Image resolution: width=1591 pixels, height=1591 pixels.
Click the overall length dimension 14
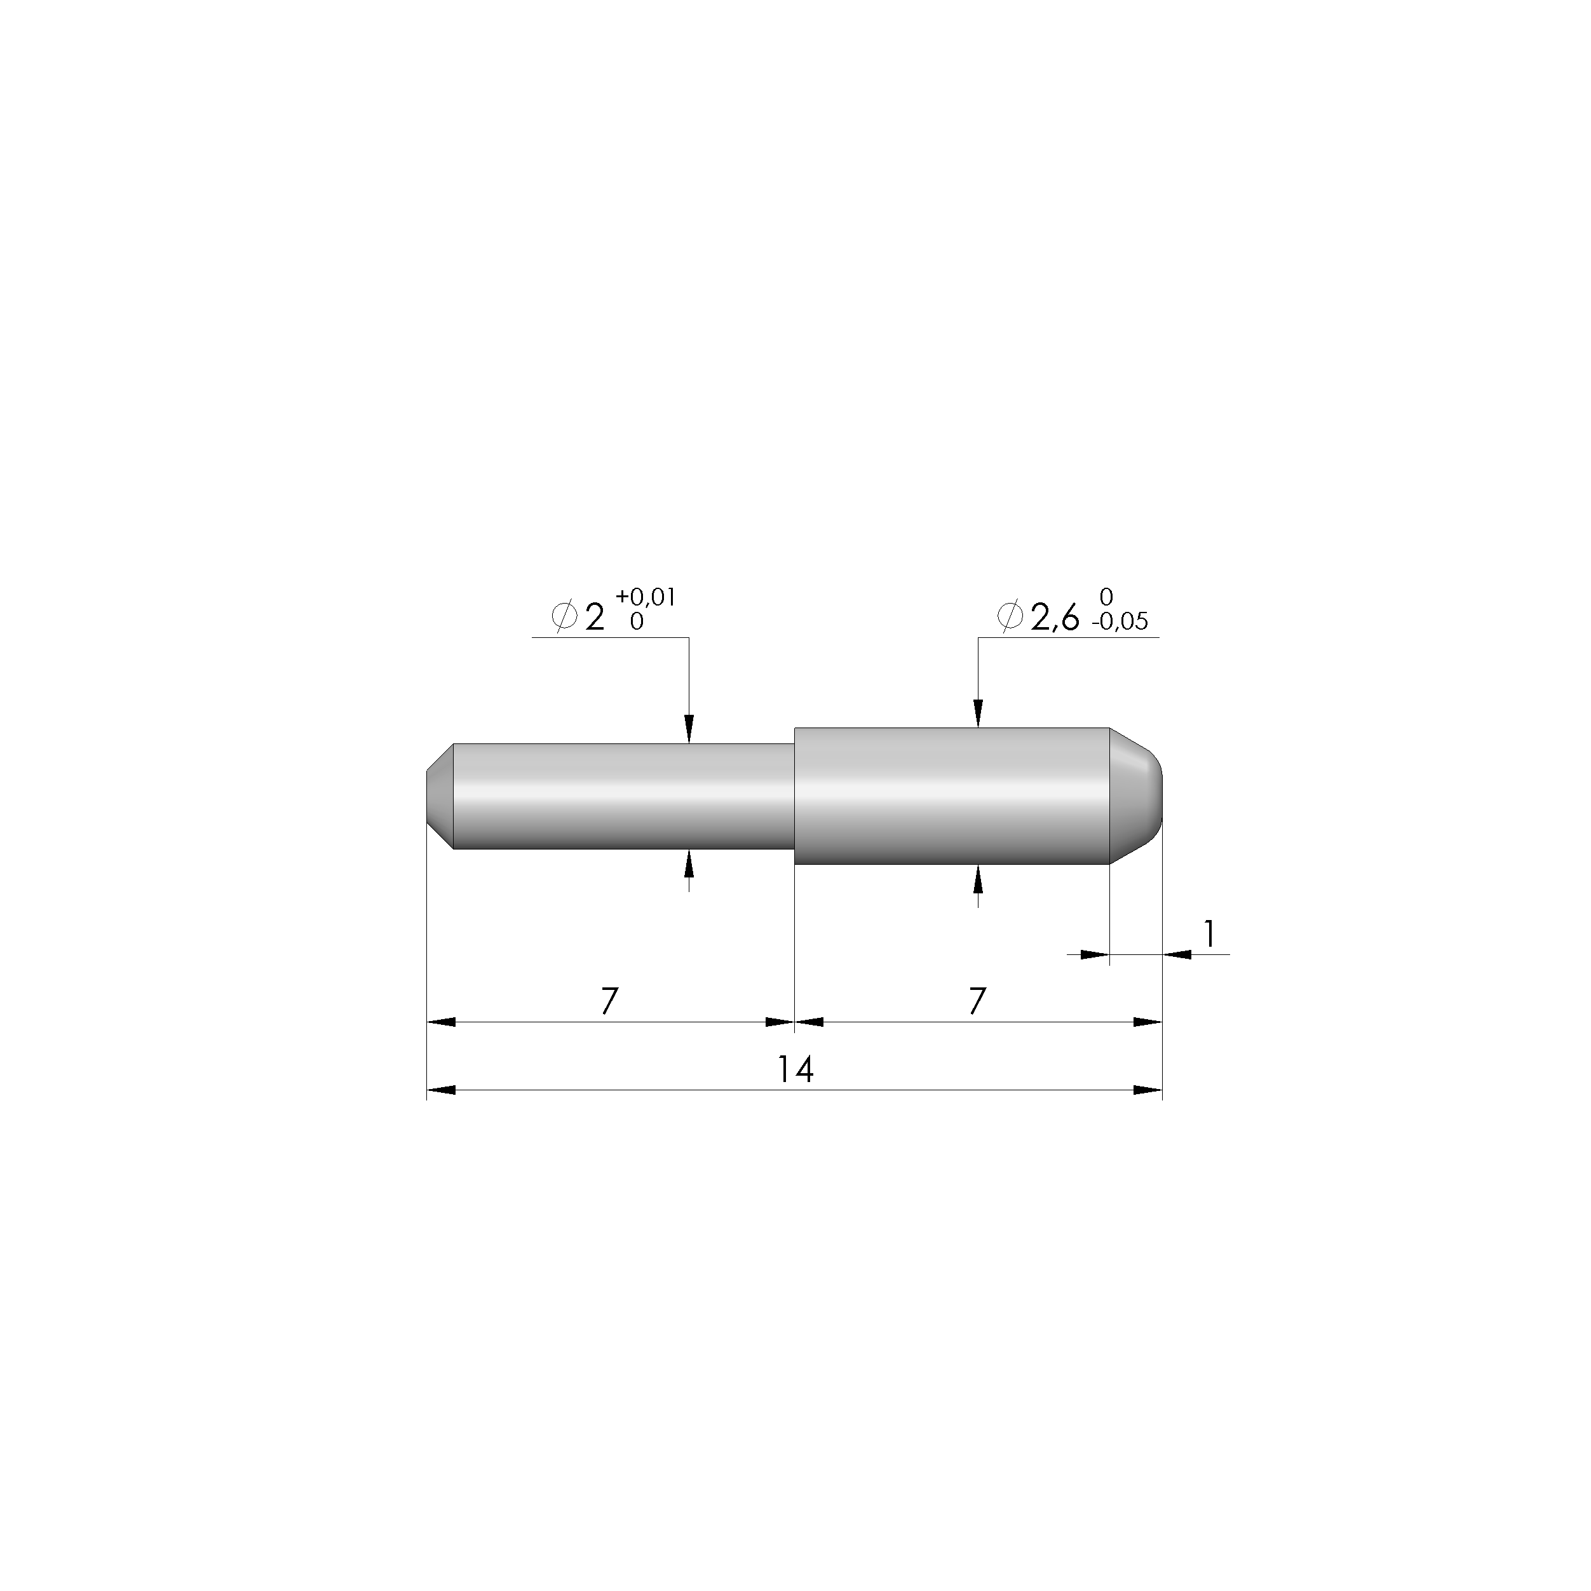[x=795, y=1070]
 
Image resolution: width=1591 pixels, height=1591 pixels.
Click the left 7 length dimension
[x=609, y=1001]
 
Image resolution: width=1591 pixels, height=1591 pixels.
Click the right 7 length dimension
[x=977, y=1001]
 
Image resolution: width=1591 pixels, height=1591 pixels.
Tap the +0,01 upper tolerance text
[x=646, y=597]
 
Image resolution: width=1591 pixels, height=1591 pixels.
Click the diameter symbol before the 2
[x=564, y=615]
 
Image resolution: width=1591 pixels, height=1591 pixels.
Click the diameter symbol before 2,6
[x=1010, y=615]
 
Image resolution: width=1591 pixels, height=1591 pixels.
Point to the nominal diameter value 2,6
[x=1054, y=618]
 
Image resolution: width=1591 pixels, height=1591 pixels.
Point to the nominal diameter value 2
[x=593, y=618]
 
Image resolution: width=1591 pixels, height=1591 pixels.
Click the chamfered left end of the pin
[x=440, y=796]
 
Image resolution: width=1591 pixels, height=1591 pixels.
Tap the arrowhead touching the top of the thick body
[x=977, y=715]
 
